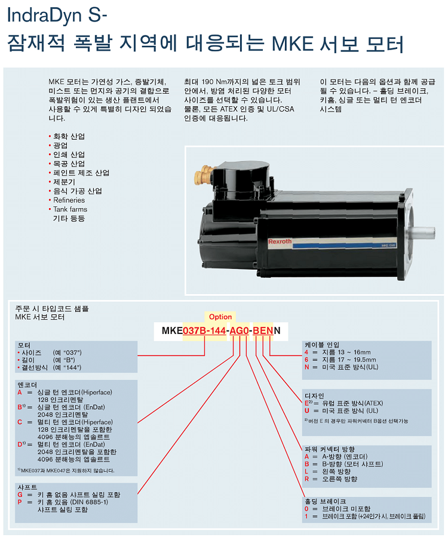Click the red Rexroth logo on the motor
coord(280,242)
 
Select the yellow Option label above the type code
coord(220,317)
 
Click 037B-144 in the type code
coord(204,330)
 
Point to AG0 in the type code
coord(239,330)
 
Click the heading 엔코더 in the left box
coord(27,385)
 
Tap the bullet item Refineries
coord(69,200)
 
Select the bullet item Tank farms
coord(70,209)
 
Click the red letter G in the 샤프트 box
coord(20,494)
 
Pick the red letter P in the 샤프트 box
coord(20,502)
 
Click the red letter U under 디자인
coord(306,410)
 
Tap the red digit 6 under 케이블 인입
coord(306,360)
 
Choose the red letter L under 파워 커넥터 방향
coord(306,471)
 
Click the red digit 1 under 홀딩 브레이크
coord(306,516)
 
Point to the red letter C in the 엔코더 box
coord(20,422)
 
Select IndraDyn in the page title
coord(45,16)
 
